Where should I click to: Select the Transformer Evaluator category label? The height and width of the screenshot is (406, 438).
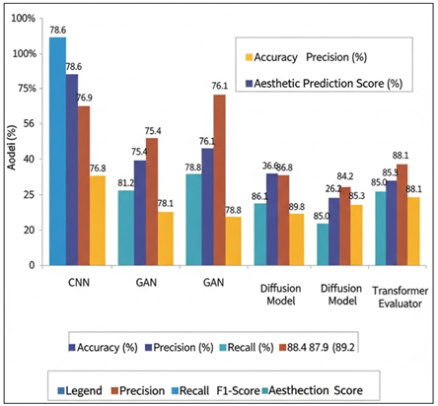[399, 297]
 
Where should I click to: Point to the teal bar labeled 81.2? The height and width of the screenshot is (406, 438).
[125, 228]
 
